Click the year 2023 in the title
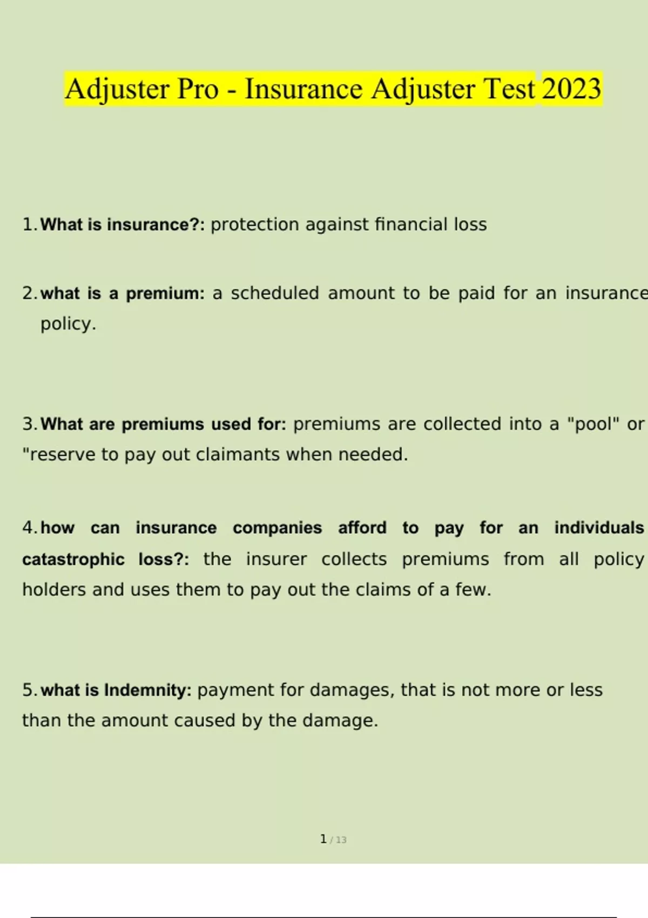pyautogui.click(x=571, y=89)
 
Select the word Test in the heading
pyautogui.click(x=509, y=89)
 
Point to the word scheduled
pyautogui.click(x=275, y=293)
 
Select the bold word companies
pyautogui.click(x=277, y=528)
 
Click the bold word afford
pyautogui.click(x=362, y=528)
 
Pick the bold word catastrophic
pyautogui.click(x=73, y=559)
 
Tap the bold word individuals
pyautogui.click(x=599, y=528)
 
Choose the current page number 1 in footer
pyautogui.click(x=323, y=839)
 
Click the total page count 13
pyautogui.click(x=341, y=840)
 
